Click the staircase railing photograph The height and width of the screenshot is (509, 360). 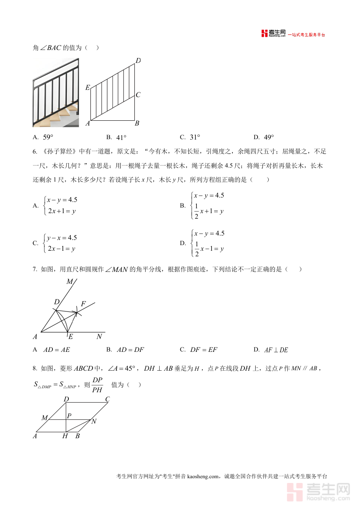click(56, 92)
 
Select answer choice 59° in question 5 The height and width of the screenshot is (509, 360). click(48, 137)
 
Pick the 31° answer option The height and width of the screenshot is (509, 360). click(195, 137)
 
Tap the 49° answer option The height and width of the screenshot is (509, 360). click(269, 137)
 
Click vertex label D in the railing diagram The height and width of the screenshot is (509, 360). click(138, 61)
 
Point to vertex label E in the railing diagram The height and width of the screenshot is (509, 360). click(88, 88)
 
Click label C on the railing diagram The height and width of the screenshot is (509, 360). click(138, 95)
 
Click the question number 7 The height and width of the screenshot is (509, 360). click(35, 269)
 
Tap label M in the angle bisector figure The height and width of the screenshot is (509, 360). click(70, 281)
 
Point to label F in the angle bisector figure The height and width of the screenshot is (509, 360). click(83, 304)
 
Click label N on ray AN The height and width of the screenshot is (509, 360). click(99, 337)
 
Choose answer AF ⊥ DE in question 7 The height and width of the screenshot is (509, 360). click(276, 350)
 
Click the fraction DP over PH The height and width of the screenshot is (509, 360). click(97, 385)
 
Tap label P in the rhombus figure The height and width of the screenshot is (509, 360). click(69, 416)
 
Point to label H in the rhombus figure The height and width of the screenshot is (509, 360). click(65, 436)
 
